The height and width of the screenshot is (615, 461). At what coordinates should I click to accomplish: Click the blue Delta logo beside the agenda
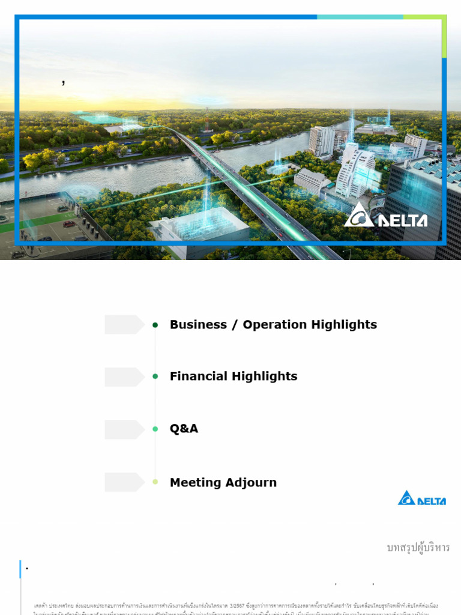click(x=422, y=498)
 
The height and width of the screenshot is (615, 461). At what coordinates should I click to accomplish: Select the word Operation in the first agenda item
click(x=274, y=325)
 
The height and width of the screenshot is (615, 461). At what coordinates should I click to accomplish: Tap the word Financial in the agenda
click(x=199, y=377)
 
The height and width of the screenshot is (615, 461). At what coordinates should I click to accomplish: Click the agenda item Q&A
click(x=184, y=429)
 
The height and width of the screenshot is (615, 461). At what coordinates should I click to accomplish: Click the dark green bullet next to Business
click(x=155, y=325)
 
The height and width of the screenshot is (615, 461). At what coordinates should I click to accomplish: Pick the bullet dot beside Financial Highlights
click(x=155, y=377)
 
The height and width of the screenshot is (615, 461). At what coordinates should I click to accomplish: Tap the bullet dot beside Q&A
click(x=155, y=429)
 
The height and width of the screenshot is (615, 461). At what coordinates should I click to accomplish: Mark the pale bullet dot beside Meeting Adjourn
click(x=155, y=482)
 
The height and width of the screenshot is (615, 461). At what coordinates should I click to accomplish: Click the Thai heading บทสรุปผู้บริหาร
click(x=418, y=548)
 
